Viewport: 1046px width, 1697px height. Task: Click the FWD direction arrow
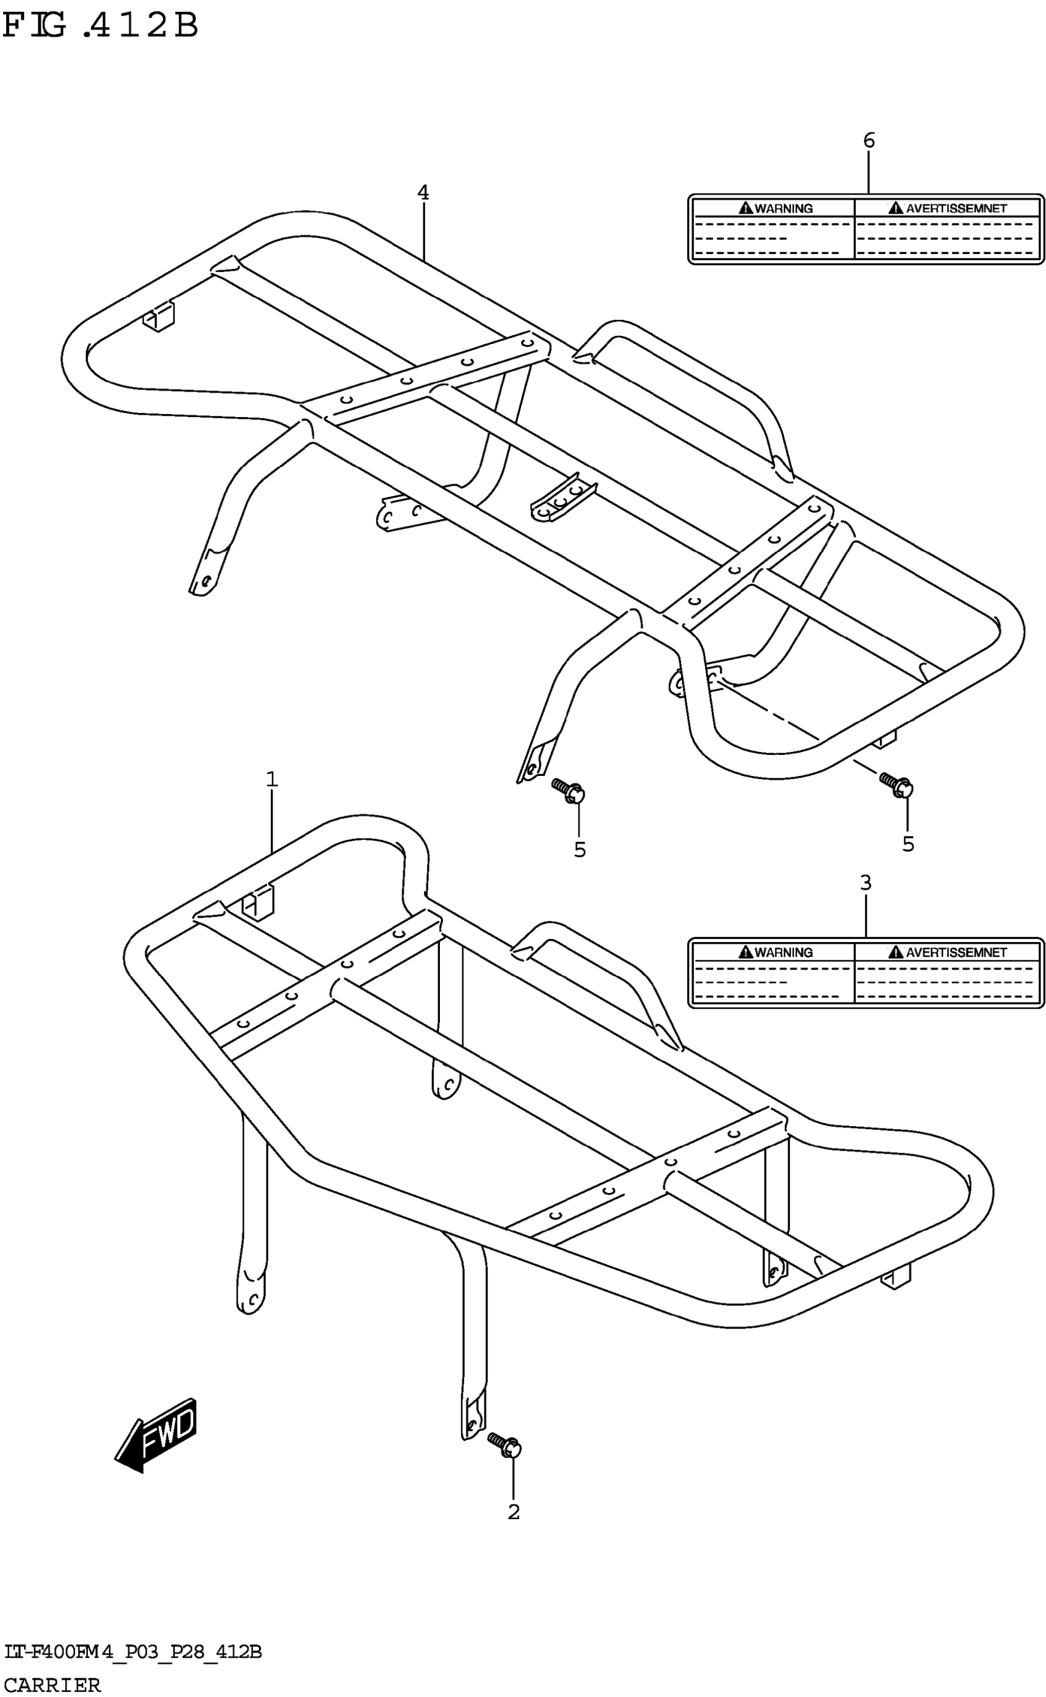point(156,1435)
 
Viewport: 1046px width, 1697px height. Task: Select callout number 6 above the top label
point(869,140)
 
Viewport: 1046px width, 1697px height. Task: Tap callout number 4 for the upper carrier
point(423,193)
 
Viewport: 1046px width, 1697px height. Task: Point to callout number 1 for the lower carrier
point(272,780)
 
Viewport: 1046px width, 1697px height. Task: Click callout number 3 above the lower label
point(866,883)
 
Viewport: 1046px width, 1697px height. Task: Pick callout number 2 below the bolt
point(513,1512)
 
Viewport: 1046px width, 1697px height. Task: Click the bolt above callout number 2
point(505,1445)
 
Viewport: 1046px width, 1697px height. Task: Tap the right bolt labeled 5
point(896,784)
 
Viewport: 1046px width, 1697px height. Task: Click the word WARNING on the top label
point(784,208)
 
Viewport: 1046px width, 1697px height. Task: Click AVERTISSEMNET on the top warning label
point(956,208)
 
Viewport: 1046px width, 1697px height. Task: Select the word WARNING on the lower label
point(784,952)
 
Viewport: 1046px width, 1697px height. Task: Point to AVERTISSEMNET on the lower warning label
point(956,952)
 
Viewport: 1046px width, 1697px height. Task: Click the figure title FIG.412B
point(100,26)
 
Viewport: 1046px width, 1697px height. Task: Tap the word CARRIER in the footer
point(52,1685)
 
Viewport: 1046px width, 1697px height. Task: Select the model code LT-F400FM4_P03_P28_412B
point(133,1653)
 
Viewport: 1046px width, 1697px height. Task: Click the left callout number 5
point(580,850)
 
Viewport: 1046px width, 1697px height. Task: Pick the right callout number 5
point(908,844)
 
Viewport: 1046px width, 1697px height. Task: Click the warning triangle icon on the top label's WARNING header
point(746,207)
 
